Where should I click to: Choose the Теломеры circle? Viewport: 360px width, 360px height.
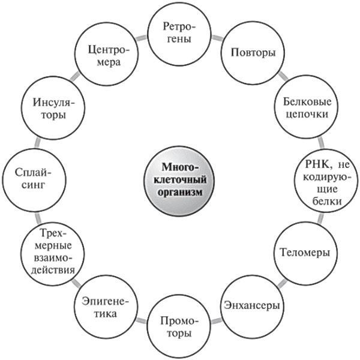pyautogui.click(x=304, y=253)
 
